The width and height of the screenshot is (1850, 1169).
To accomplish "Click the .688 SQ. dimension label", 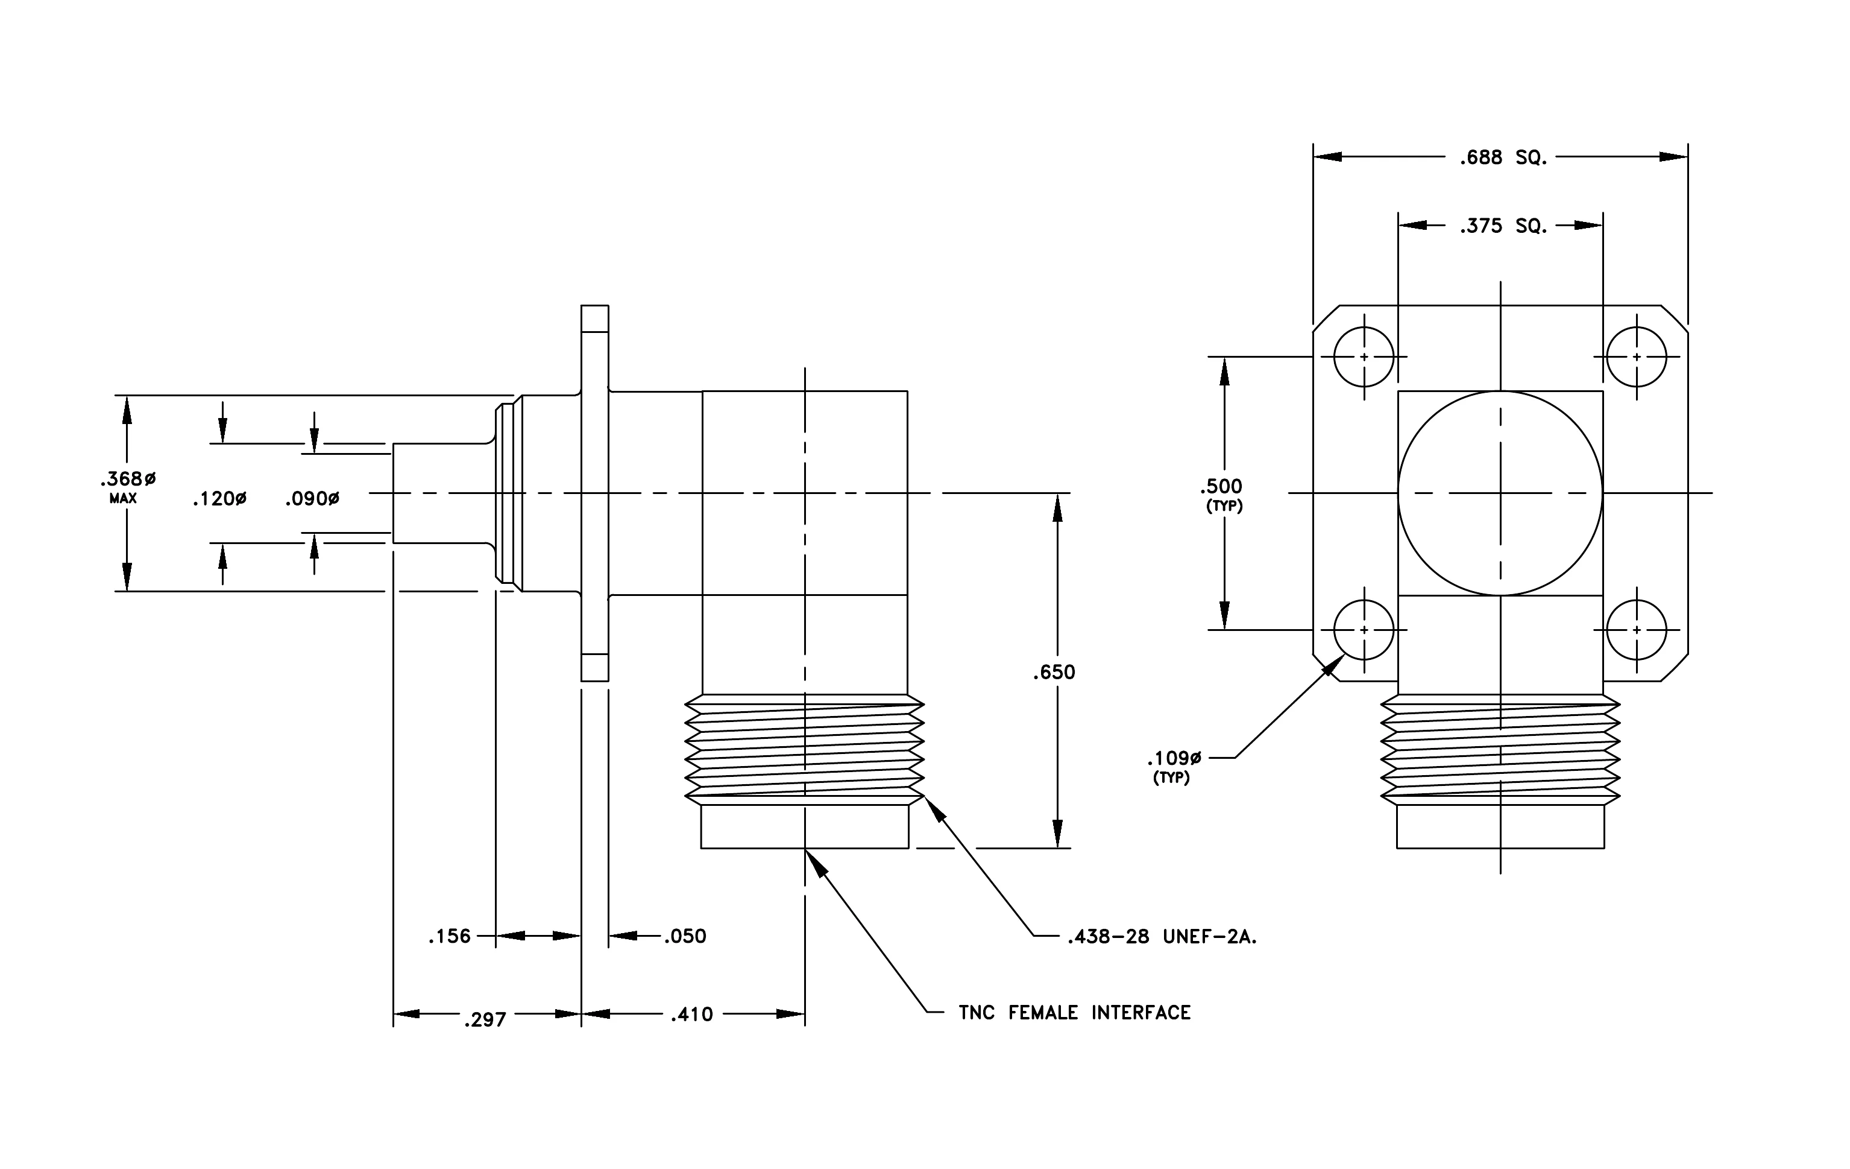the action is coord(1503,157).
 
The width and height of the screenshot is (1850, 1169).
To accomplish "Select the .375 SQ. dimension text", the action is coord(1503,226).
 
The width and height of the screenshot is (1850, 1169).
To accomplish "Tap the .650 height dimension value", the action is coord(1054,673).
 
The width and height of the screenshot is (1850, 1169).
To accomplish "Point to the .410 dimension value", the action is coord(691,1015).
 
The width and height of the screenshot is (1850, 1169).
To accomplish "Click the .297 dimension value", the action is coord(485,1020).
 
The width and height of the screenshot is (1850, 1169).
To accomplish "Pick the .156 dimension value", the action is coord(450,936).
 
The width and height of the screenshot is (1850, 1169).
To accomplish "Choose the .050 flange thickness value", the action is coord(685,936).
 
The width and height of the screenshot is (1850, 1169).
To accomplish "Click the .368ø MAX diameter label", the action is coord(128,487).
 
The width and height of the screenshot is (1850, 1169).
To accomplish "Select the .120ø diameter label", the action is coord(220,499).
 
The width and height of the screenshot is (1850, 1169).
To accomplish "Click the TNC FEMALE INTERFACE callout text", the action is coord(1075,1013).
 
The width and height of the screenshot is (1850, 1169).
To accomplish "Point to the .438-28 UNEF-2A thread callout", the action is coord(1162,937).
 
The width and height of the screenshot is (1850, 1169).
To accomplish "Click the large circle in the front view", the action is coord(1500,391).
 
